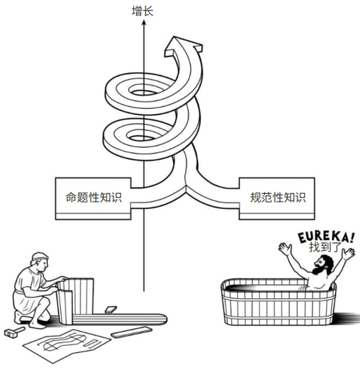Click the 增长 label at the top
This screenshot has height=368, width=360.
pos(142,12)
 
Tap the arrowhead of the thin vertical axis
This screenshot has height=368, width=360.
pos(144,22)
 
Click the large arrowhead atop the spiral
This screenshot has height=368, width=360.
pos(183,46)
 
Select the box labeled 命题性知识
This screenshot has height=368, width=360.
pos(93,198)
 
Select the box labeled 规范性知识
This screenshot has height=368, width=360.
pos(277,198)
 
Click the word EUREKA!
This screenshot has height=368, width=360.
pos(326,237)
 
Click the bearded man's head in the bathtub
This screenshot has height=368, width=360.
pos(323,264)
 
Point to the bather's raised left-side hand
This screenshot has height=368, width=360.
pos(285,249)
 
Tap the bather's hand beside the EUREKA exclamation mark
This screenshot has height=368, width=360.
pos(349,253)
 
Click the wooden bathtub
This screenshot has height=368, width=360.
pos(278,302)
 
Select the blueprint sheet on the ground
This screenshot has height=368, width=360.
pos(66,344)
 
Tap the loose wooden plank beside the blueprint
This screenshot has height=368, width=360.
pos(132,332)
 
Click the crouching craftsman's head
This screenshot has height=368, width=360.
pos(40,262)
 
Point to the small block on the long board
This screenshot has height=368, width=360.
pos(110,310)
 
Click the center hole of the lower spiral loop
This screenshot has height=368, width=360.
pos(141,138)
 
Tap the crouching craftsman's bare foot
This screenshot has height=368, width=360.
pos(38,325)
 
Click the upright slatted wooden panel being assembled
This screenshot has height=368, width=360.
pos(76,300)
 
